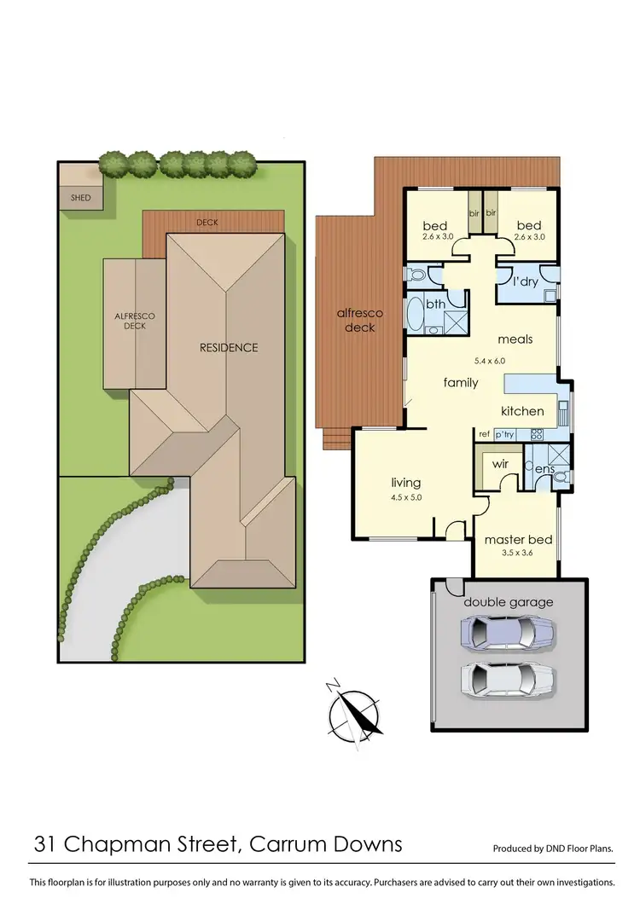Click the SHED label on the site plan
coord(80,198)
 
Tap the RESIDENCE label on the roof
coord(229,347)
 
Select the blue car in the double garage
coord(507,633)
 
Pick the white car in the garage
coord(507,680)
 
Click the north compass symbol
coord(355,711)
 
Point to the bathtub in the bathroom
coord(416,314)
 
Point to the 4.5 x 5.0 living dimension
coord(406,497)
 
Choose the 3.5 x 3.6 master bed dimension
coord(518,553)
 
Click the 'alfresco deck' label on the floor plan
coord(360,320)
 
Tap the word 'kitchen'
coord(522,411)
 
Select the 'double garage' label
coord(509,602)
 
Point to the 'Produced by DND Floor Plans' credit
coord(554,849)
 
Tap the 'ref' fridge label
coord(485,434)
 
